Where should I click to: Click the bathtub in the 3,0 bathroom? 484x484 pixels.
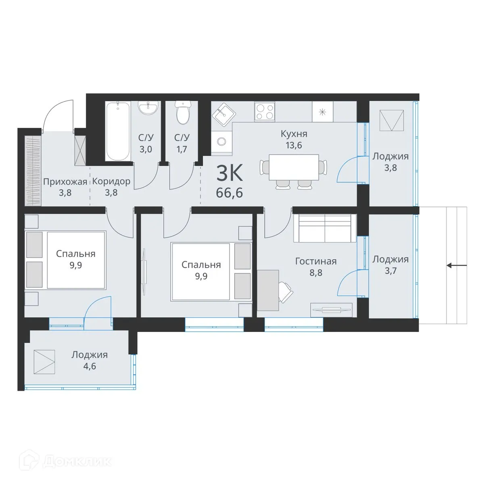118,130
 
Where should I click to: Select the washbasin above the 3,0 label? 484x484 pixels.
148,108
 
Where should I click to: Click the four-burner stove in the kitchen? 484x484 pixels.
265,111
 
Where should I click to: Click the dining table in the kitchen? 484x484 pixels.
294,167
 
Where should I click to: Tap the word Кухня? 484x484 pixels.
294,134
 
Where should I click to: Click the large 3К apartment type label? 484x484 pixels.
229,173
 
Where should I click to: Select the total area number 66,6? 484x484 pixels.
229,193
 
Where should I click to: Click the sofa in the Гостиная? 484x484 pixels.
325,228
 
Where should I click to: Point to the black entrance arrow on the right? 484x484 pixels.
457,265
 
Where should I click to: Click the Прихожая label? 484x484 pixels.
65,181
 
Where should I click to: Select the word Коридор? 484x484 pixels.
111,181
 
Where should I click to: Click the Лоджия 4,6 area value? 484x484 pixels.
89,367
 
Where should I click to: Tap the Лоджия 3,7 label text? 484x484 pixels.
390,259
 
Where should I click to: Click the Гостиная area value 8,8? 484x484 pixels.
315,273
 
